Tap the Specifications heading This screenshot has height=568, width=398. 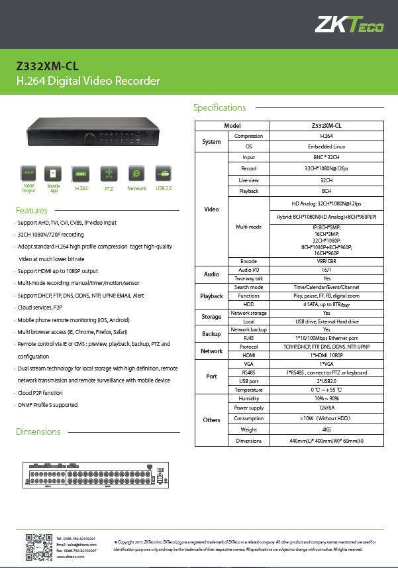(219, 107)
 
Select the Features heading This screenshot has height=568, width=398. (32, 210)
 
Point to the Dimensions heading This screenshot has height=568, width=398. (38, 431)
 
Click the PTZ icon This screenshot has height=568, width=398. (109, 174)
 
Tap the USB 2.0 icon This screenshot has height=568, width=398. (164, 174)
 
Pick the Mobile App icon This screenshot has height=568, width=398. (53, 174)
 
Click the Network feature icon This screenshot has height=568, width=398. (136, 174)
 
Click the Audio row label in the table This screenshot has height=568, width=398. (211, 274)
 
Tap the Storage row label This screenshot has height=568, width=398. (211, 317)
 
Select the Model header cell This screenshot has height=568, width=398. (232, 125)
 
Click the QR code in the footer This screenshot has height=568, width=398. (38, 547)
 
